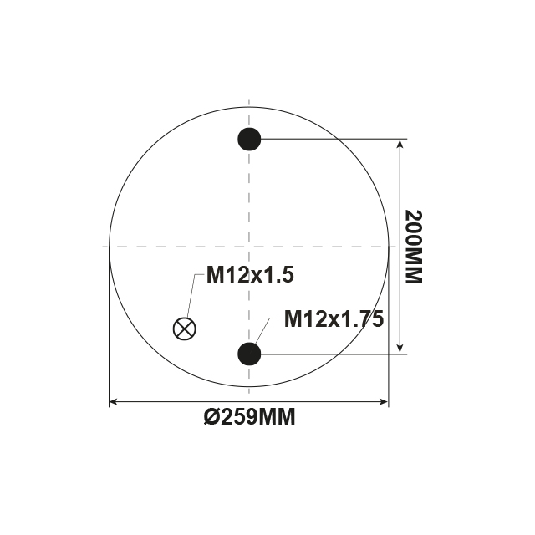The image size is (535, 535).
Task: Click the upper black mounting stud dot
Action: [249, 139]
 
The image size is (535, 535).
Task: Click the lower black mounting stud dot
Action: [249, 354]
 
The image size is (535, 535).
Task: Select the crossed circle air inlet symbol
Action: [184, 328]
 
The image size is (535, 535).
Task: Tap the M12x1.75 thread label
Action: [333, 318]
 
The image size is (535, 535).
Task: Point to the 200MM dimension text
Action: [414, 247]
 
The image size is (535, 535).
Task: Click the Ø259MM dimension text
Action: [249, 417]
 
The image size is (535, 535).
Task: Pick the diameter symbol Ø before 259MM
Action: [211, 417]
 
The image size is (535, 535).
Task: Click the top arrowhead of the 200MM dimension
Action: [400, 145]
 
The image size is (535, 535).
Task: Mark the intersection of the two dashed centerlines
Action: [249, 247]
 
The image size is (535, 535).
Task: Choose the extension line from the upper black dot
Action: [334, 139]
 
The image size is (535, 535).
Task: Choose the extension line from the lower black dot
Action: [334, 354]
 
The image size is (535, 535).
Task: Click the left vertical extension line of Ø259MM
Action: [110, 334]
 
